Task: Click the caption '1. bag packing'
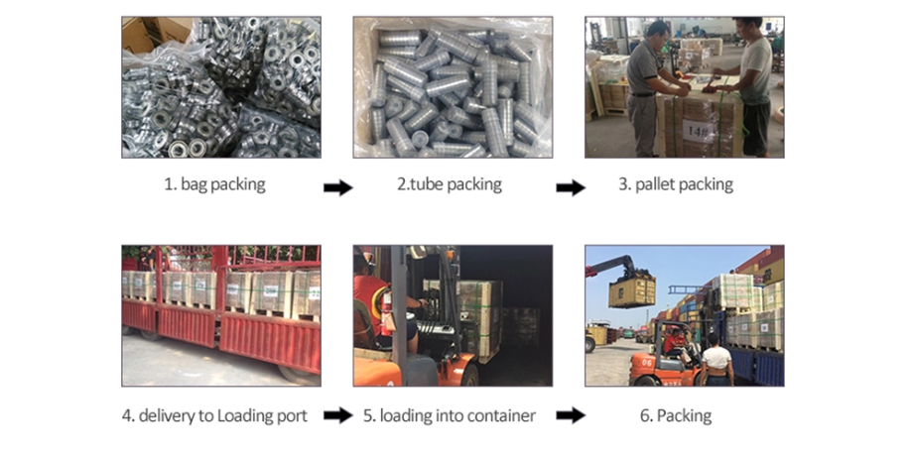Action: [214, 185]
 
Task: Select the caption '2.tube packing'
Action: [450, 185]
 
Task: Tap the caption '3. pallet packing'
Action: [684, 185]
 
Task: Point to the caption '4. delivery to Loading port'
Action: [214, 415]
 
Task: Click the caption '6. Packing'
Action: [684, 415]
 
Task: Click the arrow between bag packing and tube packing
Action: [338, 187]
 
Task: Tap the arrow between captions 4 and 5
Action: [338, 416]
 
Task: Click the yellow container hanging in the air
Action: [631, 290]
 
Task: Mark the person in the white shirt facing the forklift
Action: [716, 360]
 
